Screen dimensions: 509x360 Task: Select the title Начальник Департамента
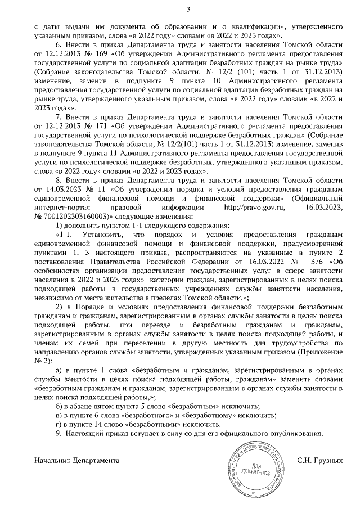pos(76,460)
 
